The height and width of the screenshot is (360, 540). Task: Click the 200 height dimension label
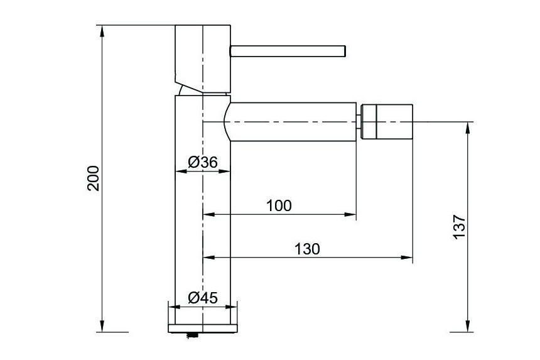(x=94, y=178)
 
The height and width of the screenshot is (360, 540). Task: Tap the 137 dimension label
(x=459, y=226)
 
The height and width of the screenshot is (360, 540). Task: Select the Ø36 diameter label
(x=203, y=162)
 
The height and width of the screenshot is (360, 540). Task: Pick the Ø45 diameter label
(x=203, y=298)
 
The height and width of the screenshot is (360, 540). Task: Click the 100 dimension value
(x=279, y=205)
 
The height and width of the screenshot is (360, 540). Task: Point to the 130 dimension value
(x=307, y=249)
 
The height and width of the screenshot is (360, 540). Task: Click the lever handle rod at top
(x=288, y=51)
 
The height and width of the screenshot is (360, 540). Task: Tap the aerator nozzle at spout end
(x=386, y=122)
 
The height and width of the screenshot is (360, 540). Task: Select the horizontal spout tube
(x=290, y=122)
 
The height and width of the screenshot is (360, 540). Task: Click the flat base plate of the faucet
(x=203, y=329)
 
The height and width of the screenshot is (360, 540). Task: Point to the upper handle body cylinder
(x=203, y=58)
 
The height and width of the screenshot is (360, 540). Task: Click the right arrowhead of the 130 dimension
(x=407, y=258)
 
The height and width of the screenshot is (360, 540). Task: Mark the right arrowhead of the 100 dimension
(x=350, y=214)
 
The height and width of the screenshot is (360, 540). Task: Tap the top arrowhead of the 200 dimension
(x=102, y=31)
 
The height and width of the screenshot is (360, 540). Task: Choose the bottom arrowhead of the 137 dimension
(x=467, y=326)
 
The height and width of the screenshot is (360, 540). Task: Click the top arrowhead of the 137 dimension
(x=467, y=128)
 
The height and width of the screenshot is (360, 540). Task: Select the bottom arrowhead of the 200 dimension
(x=102, y=326)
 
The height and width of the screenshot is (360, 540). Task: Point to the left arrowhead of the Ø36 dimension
(x=181, y=171)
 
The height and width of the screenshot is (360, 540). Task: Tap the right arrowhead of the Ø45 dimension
(x=232, y=307)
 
